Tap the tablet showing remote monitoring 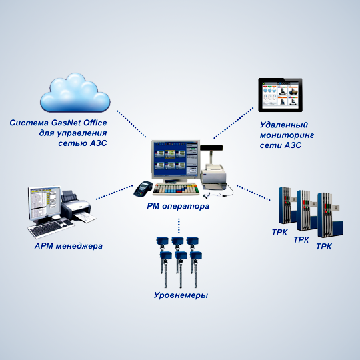coord(280,95)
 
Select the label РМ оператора coord(178,206)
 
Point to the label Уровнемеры coord(181,295)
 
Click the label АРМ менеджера coord(69,246)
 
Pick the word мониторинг coord(287,135)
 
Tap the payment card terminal coord(143,189)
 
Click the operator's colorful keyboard coord(176,189)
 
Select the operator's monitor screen coord(175,159)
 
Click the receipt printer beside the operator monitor coord(214,175)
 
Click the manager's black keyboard coord(51,228)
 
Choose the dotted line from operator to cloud coord(131,124)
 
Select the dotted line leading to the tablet coord(233,123)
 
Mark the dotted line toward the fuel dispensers coord(253,193)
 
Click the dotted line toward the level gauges coord(179,226)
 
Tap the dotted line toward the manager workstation coord(115,192)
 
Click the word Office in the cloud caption coord(95,123)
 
